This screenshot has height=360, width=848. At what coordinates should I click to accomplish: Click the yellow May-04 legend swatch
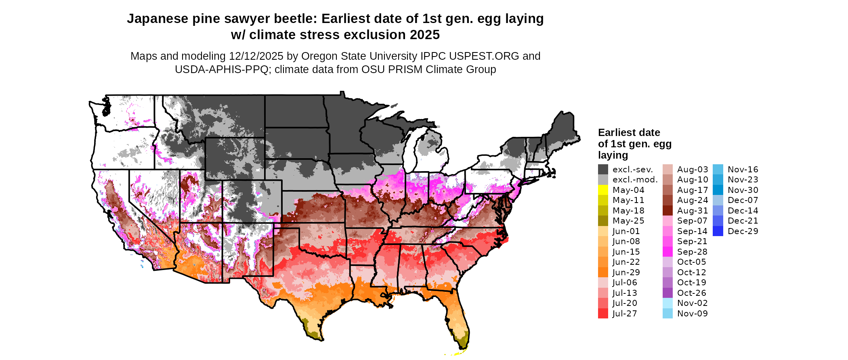pos(603,190)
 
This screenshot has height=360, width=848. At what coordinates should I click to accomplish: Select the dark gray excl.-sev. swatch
pos(603,170)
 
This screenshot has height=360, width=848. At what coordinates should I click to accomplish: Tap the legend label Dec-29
pos(743,231)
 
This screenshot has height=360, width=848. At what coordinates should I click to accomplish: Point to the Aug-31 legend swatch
pos(667,211)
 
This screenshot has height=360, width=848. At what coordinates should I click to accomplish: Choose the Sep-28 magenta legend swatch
pos(667,252)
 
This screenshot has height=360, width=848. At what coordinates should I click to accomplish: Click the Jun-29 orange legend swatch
pos(603,272)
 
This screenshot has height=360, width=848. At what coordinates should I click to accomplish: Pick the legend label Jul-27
pos(625,314)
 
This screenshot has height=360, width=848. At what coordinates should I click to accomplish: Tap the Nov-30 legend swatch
pos(718,190)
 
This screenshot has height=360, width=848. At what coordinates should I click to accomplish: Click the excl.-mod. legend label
pos(635,180)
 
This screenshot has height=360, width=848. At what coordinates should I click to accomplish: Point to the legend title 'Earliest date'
pos(629,133)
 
